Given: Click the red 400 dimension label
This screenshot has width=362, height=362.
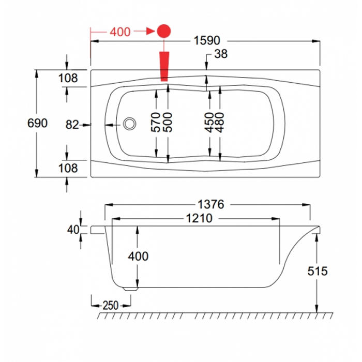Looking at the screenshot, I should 120,32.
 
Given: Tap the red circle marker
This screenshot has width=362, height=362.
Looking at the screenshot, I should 164,32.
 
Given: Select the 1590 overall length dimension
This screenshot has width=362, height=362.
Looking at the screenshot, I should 207,40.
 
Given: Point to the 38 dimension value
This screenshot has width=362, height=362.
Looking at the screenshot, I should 220,54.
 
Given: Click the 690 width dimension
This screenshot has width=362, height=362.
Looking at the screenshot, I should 38,123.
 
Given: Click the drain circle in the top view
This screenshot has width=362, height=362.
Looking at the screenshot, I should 129,124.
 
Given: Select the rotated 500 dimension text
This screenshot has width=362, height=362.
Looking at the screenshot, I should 168,123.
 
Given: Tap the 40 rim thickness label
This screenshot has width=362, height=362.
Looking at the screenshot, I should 72,229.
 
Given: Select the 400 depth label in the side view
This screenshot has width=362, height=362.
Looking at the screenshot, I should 138,257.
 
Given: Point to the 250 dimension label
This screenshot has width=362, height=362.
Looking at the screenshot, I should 110,305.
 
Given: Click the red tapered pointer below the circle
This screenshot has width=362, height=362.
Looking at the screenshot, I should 164,65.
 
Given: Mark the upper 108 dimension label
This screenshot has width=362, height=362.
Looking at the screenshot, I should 68,79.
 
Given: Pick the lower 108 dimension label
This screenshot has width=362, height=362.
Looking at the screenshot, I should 68,168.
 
